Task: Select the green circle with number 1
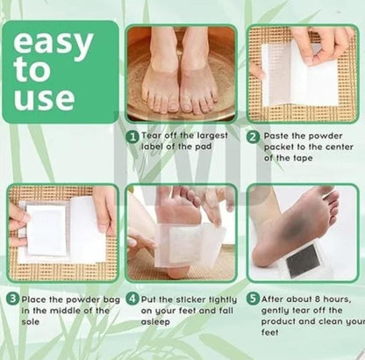(132, 136)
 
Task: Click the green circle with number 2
(254, 136)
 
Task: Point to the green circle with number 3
(13, 298)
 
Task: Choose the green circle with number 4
(132, 298)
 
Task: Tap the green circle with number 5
(253, 298)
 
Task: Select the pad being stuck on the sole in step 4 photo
(186, 241)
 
